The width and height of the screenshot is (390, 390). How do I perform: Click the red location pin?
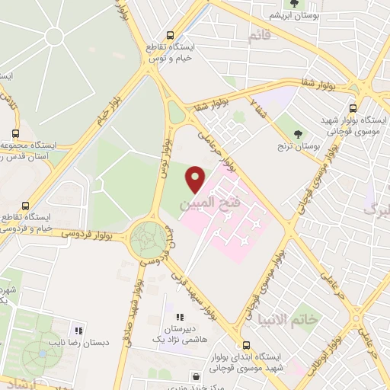click(196, 179)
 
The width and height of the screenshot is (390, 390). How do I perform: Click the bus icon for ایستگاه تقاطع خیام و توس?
click(171, 34)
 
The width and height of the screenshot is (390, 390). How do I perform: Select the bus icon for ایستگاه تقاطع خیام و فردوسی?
click(27, 206)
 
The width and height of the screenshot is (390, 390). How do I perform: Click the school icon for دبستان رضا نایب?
click(77, 331)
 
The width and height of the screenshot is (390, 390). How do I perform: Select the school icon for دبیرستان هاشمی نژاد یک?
click(181, 317)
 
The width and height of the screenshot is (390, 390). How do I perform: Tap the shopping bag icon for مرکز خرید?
click(197, 376)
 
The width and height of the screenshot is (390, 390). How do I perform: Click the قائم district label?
click(259, 35)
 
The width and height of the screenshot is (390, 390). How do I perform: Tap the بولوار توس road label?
click(162, 153)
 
